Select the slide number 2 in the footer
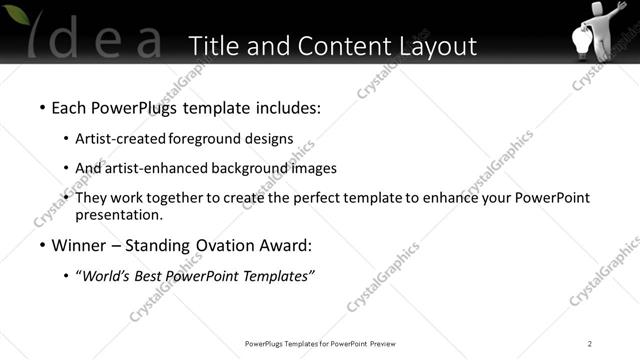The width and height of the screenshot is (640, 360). (590, 344)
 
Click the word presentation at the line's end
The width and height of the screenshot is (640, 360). (118, 214)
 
